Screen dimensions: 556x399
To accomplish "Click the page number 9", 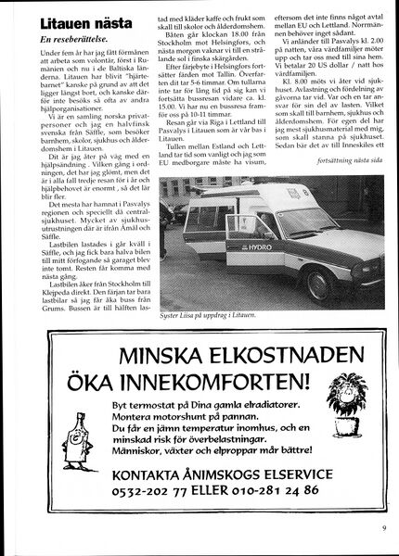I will tap(382, 530).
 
